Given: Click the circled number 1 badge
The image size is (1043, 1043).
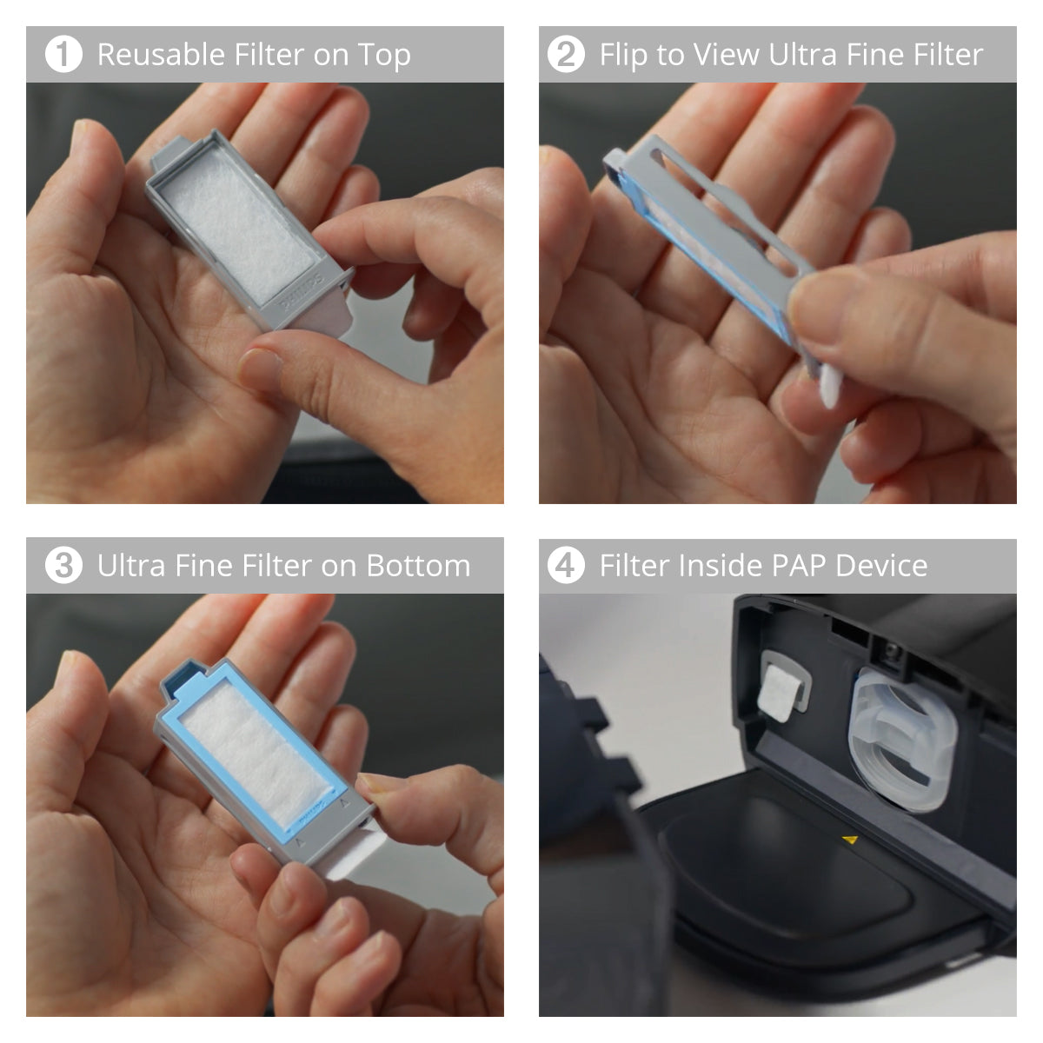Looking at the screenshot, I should point(63,55).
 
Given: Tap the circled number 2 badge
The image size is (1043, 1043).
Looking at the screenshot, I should point(565,55).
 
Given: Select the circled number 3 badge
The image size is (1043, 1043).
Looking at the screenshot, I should point(63,566).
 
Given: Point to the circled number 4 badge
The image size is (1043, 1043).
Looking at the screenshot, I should point(565,566).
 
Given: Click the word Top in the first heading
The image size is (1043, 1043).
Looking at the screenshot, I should point(384,55).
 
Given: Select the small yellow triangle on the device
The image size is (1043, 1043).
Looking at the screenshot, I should point(851,840).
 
